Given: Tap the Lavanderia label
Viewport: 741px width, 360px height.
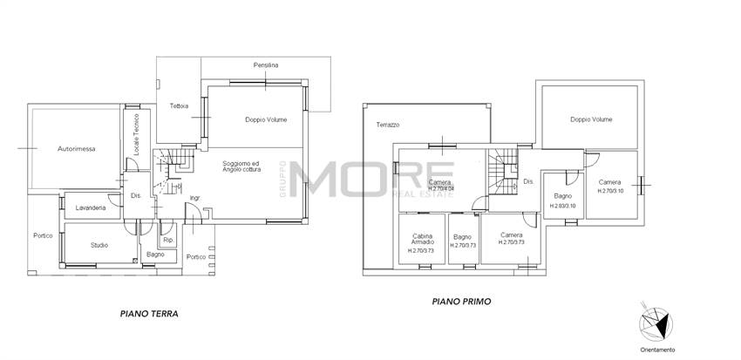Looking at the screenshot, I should pos(92,209).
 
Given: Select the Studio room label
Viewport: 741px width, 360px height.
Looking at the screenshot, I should pos(99,245).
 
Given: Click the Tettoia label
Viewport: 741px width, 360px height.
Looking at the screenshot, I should pos(179,106).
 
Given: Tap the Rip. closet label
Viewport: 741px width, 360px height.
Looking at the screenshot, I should pos(168,240).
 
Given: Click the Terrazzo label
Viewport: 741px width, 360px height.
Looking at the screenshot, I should pos(388,126).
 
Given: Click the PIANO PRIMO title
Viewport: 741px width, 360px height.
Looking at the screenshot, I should pos(462,302).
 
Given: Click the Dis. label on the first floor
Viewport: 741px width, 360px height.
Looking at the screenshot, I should pos(528,181).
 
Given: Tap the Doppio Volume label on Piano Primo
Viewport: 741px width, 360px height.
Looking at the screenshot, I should pos(590,120).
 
